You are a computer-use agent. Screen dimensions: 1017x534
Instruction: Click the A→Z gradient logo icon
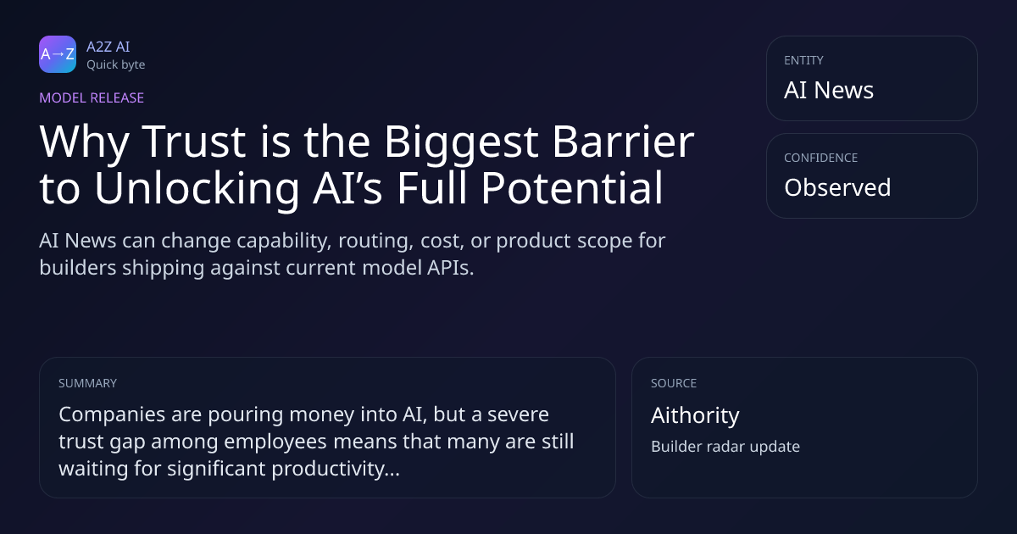pos(58,54)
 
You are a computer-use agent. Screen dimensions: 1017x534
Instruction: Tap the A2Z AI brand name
pos(108,47)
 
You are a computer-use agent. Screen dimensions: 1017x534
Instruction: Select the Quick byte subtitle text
pos(116,65)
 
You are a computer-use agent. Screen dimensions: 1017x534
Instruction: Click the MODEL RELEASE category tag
pos(92,97)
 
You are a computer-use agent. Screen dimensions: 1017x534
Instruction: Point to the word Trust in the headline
pos(194,142)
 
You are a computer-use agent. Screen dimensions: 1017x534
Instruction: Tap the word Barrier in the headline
pos(624,142)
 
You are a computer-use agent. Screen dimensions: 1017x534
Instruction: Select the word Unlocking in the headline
pos(197,190)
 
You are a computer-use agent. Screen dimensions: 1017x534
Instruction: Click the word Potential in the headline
pos(572,188)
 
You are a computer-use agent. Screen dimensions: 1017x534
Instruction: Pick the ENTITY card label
pos(803,60)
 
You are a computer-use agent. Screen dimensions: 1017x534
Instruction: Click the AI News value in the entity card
pos(829,90)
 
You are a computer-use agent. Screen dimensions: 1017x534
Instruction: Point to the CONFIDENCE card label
pos(821,158)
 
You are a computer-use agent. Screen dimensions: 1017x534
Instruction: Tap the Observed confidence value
pos(837,187)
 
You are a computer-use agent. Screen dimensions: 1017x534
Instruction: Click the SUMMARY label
pos(87,383)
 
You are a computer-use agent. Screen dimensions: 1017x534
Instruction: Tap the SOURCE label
pos(674,383)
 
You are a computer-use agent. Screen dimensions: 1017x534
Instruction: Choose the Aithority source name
pos(695,416)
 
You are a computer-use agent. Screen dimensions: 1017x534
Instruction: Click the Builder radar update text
pos(725,447)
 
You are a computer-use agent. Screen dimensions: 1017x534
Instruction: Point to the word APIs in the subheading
pos(450,268)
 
